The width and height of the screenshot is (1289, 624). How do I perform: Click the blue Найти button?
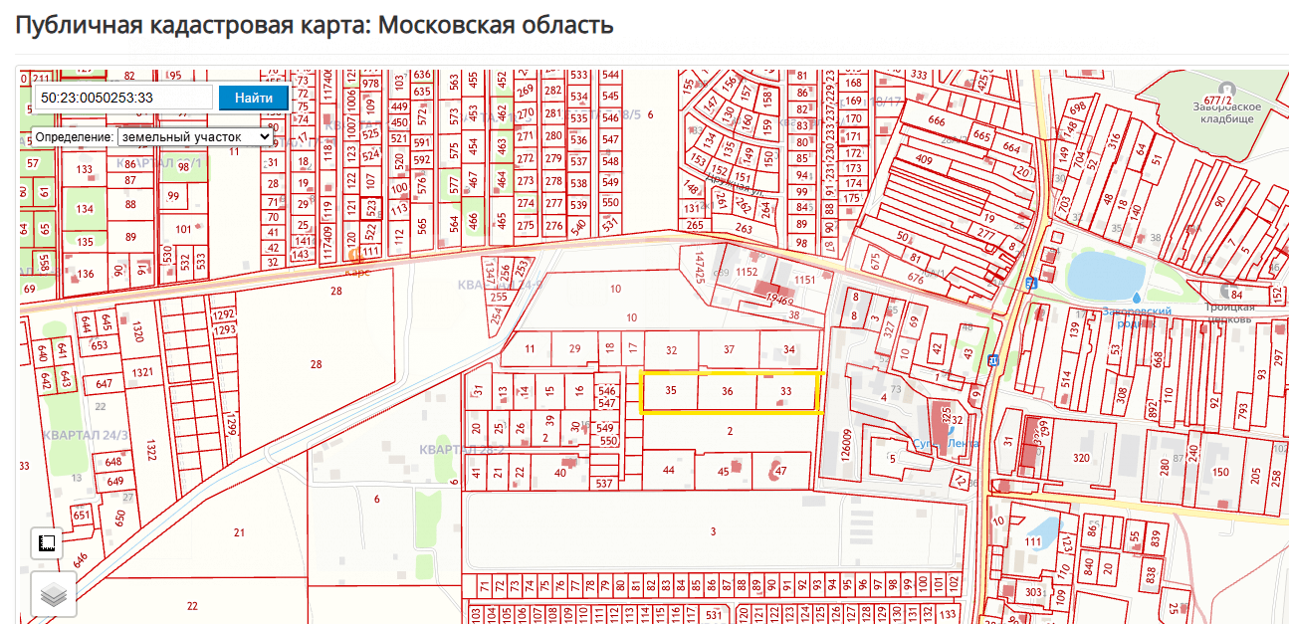coord(254,98)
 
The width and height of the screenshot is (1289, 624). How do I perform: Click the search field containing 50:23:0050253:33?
coord(123,98)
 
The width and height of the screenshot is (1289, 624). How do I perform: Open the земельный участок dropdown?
coord(195,136)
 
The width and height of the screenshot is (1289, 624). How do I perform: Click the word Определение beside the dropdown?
coord(74,136)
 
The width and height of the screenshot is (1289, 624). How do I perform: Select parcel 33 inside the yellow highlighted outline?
coord(786,392)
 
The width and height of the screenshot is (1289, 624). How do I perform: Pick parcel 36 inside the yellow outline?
coord(728,392)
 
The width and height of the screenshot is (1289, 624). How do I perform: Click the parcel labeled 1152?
coord(747,272)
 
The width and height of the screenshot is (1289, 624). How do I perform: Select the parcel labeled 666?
coord(937,121)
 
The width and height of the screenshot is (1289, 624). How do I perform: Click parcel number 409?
coord(924,159)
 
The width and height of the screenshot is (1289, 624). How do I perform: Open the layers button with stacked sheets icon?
coord(53,595)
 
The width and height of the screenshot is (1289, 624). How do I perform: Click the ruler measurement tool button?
coord(46,543)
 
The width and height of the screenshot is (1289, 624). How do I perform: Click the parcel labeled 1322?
coord(151,450)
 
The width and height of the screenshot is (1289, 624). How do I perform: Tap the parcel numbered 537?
coord(603,484)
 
